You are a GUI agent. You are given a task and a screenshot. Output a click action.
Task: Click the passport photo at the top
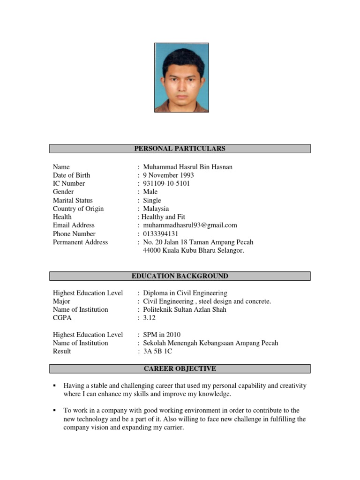pyautogui.click(x=181, y=77)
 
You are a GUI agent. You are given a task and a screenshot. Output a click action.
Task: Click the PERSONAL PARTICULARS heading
pyautogui.click(x=180, y=149)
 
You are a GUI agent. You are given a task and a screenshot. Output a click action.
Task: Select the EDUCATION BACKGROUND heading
pyautogui.click(x=180, y=276)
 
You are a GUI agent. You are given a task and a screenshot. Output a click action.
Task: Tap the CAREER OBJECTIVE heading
pyautogui.click(x=180, y=368)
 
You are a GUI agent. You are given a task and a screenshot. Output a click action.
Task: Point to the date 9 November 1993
pyautogui.click(x=168, y=175)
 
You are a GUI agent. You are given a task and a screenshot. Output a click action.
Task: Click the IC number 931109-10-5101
pyautogui.click(x=166, y=184)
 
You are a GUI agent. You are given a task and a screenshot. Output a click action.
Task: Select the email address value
pyautogui.click(x=190, y=225)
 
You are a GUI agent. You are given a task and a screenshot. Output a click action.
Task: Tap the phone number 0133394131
pyautogui.click(x=161, y=234)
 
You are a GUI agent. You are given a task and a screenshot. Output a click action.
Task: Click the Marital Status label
pyautogui.click(x=73, y=201)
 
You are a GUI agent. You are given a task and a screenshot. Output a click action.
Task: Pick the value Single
pyautogui.click(x=152, y=201)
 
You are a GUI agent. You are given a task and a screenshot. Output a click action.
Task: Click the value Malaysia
pyautogui.click(x=156, y=209)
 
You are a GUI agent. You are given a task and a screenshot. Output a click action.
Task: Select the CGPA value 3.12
pyautogui.click(x=150, y=318)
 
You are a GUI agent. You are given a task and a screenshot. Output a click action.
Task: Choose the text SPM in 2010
pyautogui.click(x=162, y=335)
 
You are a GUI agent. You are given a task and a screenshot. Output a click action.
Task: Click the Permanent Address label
pyautogui.click(x=80, y=242)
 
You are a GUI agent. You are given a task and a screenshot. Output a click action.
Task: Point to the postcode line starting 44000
pyautogui.click(x=193, y=251)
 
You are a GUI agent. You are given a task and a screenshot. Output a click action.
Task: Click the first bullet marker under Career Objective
pyautogui.click(x=55, y=385)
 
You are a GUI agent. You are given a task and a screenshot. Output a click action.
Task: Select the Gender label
pyautogui.click(x=63, y=192)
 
